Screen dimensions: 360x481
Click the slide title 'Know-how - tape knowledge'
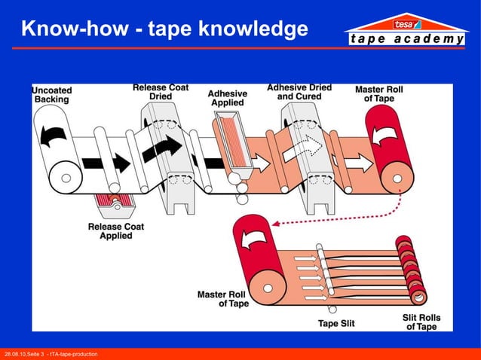pos(164,29)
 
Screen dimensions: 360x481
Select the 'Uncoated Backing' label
pos(52,94)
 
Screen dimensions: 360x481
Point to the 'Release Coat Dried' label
pos(161,92)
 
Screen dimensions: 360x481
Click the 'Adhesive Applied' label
pos(227,98)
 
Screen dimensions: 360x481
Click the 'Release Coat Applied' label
pos(115,230)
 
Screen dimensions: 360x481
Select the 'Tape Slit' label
pos(336,324)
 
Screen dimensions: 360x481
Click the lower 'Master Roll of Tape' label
pos(223,299)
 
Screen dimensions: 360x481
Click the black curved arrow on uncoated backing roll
pos(54,134)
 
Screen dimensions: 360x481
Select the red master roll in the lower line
pos(253,256)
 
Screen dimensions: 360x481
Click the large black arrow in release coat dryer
pos(164,148)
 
